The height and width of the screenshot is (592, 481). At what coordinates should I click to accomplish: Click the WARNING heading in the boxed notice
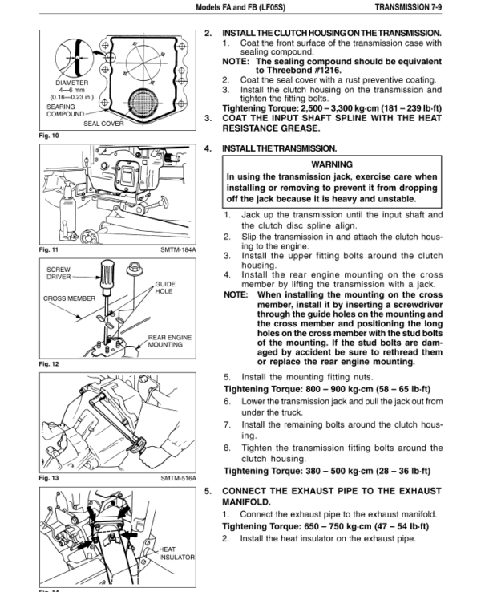(x=332, y=164)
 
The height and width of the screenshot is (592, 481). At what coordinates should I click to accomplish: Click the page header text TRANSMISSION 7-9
(x=408, y=7)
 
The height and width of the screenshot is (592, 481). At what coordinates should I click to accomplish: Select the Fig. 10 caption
(x=49, y=136)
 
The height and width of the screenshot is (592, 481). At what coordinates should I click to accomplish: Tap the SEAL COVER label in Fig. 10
(x=103, y=124)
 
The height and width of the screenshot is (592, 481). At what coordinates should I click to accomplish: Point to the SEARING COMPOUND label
(x=65, y=110)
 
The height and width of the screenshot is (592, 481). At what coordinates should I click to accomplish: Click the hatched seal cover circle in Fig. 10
(x=142, y=101)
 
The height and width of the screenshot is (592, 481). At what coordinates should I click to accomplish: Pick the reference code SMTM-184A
(x=178, y=250)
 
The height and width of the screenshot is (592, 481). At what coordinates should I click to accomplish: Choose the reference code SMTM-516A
(x=178, y=478)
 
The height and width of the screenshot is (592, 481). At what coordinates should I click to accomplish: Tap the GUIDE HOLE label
(x=165, y=288)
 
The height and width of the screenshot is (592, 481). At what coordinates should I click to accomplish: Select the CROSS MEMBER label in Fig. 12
(x=69, y=298)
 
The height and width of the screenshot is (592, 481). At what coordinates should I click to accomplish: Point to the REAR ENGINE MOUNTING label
(x=170, y=341)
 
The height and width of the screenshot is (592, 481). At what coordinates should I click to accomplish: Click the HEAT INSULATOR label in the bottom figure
(x=176, y=553)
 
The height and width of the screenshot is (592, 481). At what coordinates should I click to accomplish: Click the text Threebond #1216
(x=298, y=71)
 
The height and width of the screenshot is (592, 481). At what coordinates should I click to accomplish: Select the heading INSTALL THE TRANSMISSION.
(x=279, y=148)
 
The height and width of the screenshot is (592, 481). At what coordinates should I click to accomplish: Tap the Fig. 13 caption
(x=49, y=478)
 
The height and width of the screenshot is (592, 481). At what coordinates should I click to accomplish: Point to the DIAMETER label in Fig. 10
(x=71, y=83)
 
